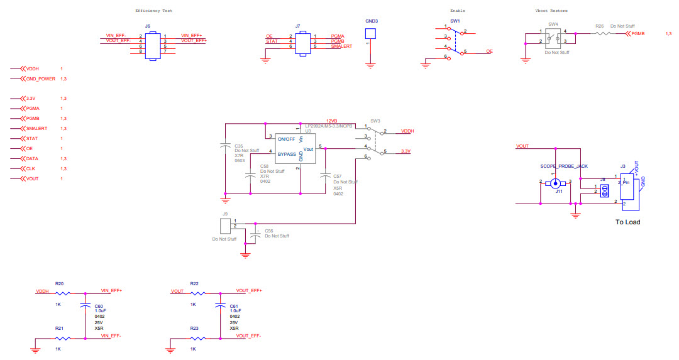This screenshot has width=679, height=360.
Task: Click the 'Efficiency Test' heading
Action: pyautogui.click(x=153, y=11)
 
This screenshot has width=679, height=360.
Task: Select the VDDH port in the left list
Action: pyautogui.click(x=32, y=68)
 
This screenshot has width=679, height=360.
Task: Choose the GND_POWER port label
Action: pyautogui.click(x=40, y=79)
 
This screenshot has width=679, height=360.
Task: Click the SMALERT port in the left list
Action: pyautogui.click(x=37, y=128)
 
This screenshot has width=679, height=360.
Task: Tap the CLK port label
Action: pyautogui.click(x=30, y=169)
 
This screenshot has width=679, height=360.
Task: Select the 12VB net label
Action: pyautogui.click(x=331, y=121)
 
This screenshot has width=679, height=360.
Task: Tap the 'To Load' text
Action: pyautogui.click(x=627, y=222)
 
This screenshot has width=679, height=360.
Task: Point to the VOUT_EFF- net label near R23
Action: pyautogui.click(x=248, y=336)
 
